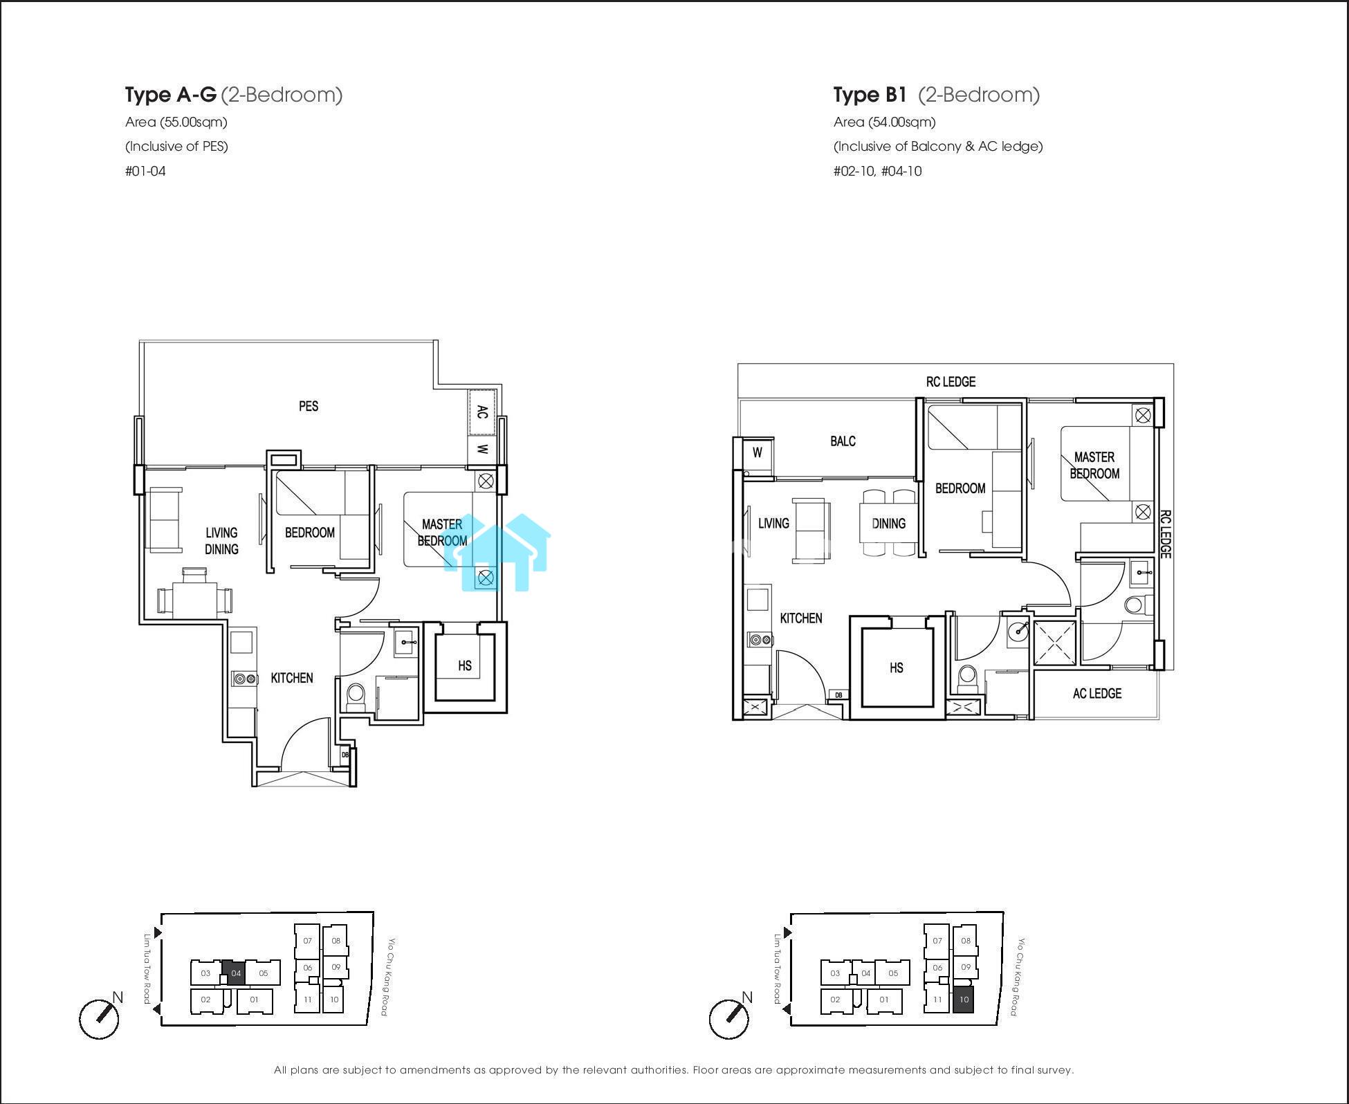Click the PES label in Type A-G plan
coord(309,406)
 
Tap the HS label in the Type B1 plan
coord(897,668)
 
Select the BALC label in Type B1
coord(843,441)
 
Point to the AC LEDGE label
coord(1097,693)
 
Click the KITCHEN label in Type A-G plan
coord(292,678)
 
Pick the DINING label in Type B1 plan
coord(889,524)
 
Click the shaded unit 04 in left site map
coord(236,973)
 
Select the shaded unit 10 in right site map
coord(964,1000)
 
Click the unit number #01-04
coord(145,171)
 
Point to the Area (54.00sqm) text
coord(885,122)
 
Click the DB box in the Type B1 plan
coord(838,695)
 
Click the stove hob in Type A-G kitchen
coord(243,679)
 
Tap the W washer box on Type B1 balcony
coord(758,452)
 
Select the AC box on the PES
coord(482,412)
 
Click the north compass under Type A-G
coord(99,1018)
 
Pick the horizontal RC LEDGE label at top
coord(951,382)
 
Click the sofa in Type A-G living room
coord(165,520)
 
